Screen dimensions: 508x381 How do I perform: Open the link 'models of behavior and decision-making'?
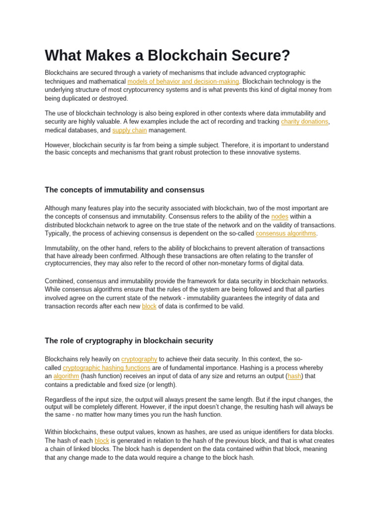[183, 81]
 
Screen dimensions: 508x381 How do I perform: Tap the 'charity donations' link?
[304, 122]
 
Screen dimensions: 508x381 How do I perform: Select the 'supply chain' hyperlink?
[129, 130]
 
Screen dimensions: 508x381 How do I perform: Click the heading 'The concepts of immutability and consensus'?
[125, 190]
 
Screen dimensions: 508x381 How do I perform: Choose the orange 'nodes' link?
[280, 217]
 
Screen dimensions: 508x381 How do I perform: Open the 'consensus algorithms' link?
[286, 233]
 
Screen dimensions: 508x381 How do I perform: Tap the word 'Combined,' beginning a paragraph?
[59, 281]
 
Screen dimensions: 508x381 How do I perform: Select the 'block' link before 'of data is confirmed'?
[149, 307]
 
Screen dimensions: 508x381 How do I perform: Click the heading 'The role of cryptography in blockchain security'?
[129, 341]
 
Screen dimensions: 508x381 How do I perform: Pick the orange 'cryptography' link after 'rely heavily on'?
[139, 359]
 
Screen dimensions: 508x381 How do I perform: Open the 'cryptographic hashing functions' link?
[107, 368]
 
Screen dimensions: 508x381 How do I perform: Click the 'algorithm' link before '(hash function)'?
[66, 376]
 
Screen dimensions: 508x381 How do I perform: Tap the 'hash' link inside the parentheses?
[295, 376]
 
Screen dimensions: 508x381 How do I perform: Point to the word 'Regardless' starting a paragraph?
[61, 399]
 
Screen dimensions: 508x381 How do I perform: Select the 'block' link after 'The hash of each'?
[102, 441]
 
